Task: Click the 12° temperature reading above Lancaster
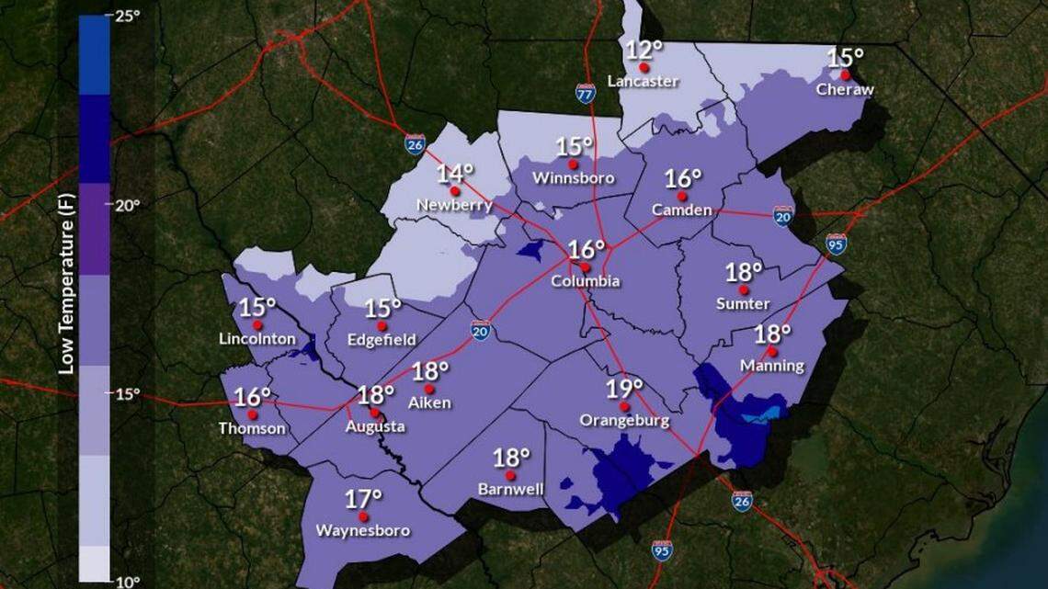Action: coord(644,51)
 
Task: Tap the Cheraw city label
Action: coord(845,90)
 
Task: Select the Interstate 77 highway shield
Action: coord(586,93)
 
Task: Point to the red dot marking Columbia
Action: coord(585,267)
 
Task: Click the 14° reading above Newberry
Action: coord(454,173)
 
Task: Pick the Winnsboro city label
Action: coord(573,177)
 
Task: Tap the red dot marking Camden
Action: coord(681,197)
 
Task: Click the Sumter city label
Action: coord(743,303)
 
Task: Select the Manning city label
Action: coord(772,366)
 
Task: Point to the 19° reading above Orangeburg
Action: coord(624,389)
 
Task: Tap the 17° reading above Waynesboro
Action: coord(363,499)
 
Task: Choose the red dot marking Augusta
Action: coord(374,413)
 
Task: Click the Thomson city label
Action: coord(252,428)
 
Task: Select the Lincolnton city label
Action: coord(257,339)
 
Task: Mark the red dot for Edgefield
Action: coord(382,325)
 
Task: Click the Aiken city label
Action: coord(428,402)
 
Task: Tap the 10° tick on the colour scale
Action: coord(128,581)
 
